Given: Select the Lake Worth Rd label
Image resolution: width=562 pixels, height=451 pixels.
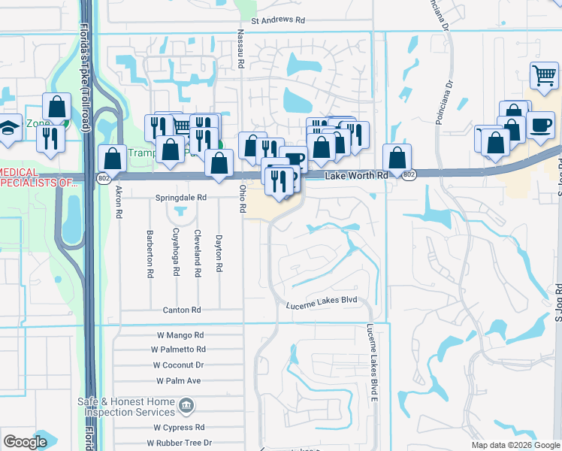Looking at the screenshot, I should pos(356,175).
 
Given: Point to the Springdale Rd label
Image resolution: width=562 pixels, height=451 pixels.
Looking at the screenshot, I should pos(181,197).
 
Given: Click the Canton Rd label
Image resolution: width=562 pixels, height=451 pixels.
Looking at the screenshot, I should pos(182,310).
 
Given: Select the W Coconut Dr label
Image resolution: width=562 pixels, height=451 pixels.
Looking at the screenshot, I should pos(179,365).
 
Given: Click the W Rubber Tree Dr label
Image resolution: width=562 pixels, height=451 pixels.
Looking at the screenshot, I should pos(179,443).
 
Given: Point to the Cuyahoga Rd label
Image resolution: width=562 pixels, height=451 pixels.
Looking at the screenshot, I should pos(176,252).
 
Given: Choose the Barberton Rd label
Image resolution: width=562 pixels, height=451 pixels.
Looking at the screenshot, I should pos(150,254).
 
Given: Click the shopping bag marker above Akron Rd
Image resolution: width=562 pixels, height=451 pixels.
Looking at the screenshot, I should pos(112,159).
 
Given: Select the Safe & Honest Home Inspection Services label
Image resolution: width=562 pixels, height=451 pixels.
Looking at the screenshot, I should pos(125,407).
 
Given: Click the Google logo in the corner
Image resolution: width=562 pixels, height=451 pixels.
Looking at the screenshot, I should pos(25,442).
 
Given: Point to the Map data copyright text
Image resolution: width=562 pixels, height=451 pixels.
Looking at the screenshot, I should pos(515,445).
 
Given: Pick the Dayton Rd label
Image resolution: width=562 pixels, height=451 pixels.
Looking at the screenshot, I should pos(219,253).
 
